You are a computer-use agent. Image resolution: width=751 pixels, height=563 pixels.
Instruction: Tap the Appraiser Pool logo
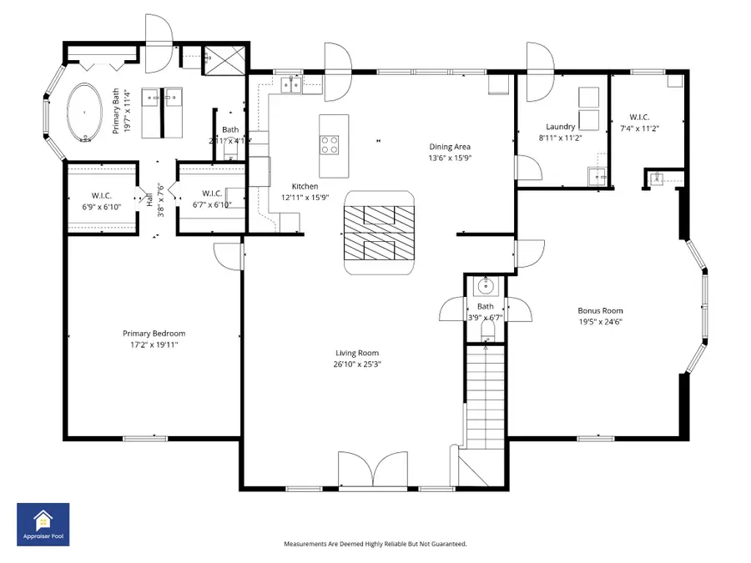coord(43,525)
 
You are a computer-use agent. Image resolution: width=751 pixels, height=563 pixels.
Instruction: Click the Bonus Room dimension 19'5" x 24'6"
coord(602,321)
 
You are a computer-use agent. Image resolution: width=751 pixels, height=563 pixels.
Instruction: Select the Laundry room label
coord(560,127)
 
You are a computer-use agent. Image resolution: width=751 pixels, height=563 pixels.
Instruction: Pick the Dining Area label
coord(451,147)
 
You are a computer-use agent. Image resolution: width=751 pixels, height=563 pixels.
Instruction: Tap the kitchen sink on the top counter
coord(291,83)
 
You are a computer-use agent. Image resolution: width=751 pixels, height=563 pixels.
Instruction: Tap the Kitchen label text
coord(304,186)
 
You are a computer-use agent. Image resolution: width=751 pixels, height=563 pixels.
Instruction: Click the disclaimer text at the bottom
coord(375,544)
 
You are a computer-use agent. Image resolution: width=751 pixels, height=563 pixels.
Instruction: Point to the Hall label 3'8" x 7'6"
coord(154,200)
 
